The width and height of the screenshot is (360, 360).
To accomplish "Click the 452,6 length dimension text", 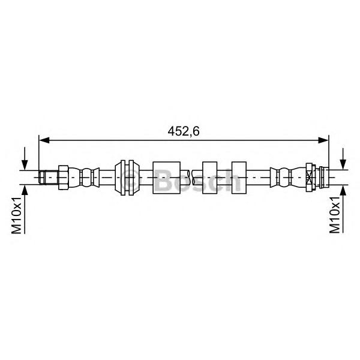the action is click(184, 131).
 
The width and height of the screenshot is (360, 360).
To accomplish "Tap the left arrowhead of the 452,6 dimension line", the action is click(44, 140).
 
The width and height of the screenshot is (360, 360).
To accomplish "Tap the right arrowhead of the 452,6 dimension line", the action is click(323, 140).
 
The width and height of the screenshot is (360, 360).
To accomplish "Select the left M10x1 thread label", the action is click(17, 215).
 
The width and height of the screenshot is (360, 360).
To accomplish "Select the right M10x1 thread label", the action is click(335, 215).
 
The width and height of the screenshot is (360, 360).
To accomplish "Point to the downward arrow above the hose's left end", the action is click(25, 158).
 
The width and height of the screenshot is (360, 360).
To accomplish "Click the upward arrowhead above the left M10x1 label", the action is click(25, 190).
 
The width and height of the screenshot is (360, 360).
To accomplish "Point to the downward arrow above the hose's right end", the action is click(343, 159).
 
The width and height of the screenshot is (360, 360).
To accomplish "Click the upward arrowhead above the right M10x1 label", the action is click(343, 190).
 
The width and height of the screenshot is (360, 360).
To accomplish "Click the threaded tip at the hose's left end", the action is click(48, 178).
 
